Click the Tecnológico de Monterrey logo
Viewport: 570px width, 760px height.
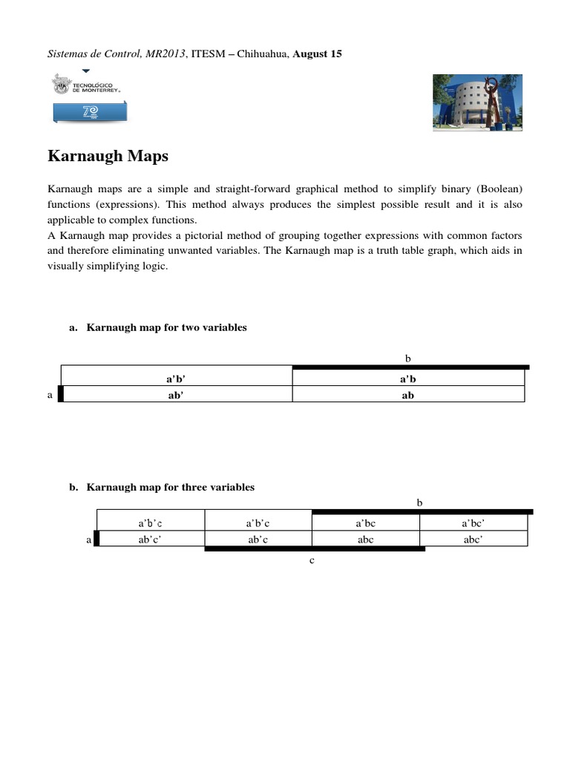coord(87,96)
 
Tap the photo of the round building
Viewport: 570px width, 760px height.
coord(477,103)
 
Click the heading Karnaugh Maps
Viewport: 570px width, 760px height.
coord(108,157)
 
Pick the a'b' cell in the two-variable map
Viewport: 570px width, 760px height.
coord(176,379)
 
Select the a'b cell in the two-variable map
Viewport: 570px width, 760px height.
coord(407,379)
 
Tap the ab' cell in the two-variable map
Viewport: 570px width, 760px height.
coord(176,395)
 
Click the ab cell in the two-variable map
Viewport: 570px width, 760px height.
coord(407,395)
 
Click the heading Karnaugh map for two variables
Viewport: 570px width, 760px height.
coord(166,327)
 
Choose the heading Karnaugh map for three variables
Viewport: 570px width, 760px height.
coord(170,488)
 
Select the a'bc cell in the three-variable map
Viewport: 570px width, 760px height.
coord(366,523)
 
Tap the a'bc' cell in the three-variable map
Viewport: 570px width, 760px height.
coord(474,523)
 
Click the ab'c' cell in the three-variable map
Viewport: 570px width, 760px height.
coord(150,540)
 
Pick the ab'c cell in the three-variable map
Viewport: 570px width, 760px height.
coord(258,540)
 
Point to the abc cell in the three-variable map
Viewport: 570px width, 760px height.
coord(366,540)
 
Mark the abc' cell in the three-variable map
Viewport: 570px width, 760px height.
coord(474,540)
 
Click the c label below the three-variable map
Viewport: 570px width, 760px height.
coord(312,560)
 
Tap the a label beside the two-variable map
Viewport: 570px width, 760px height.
coord(50,395)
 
